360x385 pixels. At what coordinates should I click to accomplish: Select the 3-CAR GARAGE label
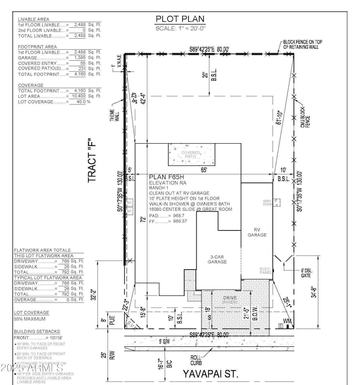[x=219, y=259]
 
